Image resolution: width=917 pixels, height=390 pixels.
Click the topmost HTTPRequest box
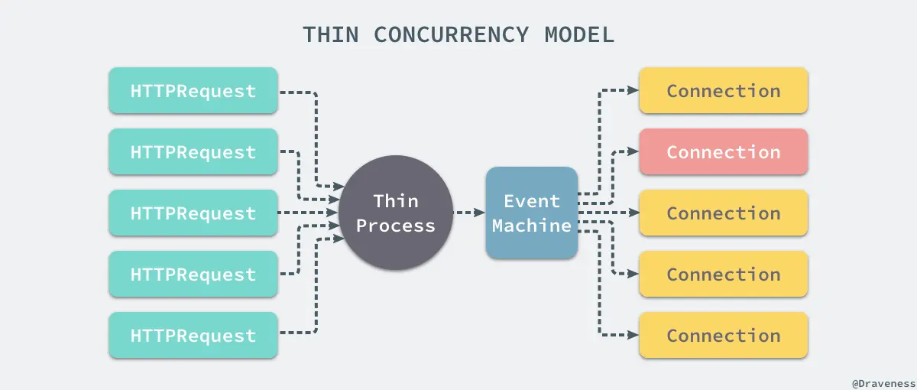point(193,90)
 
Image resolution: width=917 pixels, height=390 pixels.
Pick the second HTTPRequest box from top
point(193,151)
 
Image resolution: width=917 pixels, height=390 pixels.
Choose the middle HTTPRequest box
point(193,213)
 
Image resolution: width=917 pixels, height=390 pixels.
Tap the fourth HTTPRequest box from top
point(193,274)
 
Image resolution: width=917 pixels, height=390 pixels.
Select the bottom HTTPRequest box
point(193,335)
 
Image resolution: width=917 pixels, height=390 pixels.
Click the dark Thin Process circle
point(396,213)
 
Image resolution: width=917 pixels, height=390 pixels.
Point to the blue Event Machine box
point(531,213)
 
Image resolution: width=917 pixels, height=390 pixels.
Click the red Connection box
point(723,151)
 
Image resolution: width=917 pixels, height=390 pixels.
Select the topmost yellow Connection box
point(723,90)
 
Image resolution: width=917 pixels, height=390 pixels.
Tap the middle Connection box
point(723,213)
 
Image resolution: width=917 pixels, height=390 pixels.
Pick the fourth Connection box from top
point(723,274)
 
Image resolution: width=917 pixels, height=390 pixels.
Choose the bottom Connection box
point(723,335)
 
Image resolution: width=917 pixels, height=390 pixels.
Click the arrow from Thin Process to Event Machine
point(468,213)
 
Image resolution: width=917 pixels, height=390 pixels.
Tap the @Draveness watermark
point(882,380)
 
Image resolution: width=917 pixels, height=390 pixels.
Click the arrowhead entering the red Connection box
point(633,151)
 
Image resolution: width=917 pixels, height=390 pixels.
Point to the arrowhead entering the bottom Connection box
point(633,335)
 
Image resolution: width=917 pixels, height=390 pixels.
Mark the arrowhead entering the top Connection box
point(633,90)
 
